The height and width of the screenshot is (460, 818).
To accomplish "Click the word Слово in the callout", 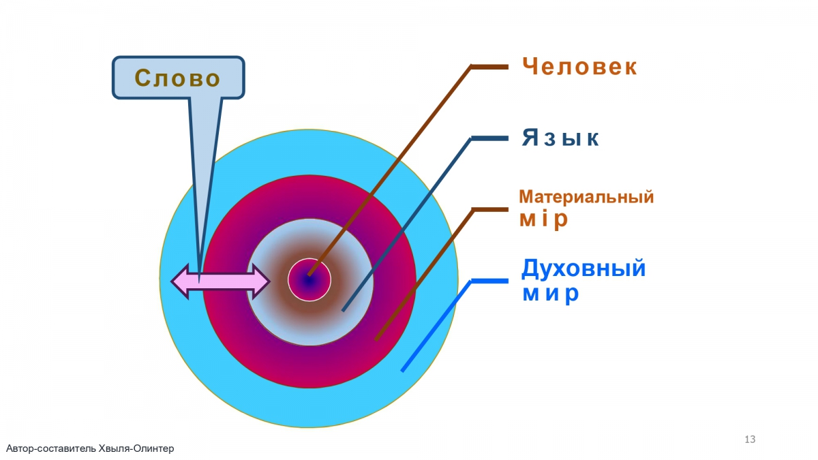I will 177,78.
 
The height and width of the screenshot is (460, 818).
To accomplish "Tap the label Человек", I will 579,67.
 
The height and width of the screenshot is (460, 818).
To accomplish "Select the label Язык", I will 560,138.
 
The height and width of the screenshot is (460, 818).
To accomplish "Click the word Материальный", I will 586,197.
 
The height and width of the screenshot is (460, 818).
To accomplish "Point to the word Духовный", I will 584,269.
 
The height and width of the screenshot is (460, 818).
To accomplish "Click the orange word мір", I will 543,219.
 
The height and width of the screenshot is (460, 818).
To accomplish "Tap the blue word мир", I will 550,294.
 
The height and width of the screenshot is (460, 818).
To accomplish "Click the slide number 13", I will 750,439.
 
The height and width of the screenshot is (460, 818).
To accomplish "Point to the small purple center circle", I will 309,279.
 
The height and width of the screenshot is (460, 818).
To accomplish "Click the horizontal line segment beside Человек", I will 489,67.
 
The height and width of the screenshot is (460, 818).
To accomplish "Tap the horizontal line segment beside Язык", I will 489,138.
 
